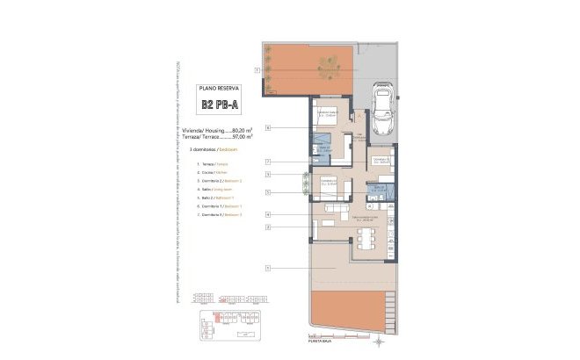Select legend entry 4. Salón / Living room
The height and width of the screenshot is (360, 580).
[214, 190]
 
